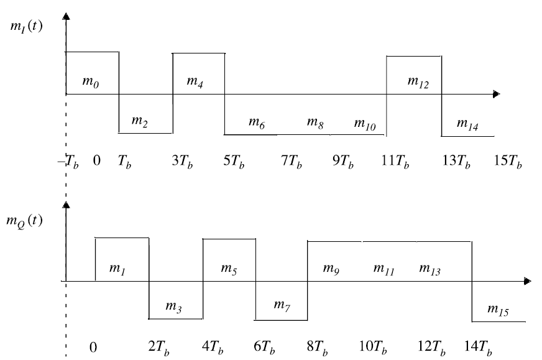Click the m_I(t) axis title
[25, 27]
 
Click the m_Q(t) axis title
[25, 221]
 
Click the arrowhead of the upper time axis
[495, 94]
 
